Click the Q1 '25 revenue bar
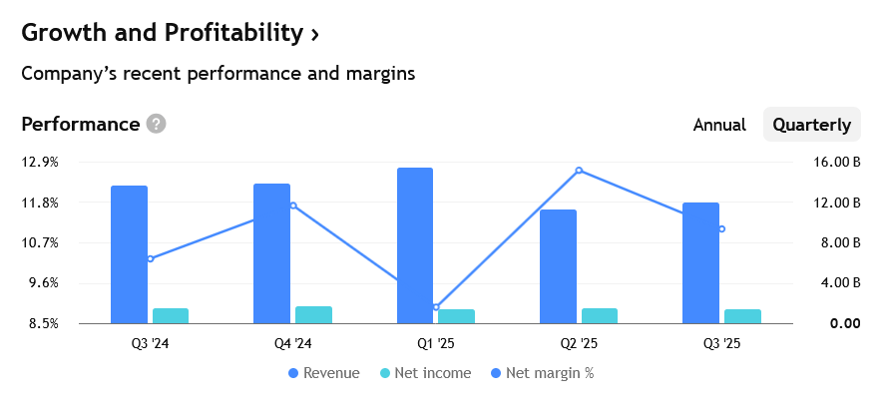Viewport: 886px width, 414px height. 415,245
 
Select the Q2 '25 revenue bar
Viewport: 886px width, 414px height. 558,266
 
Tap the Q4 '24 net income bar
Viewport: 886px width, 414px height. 313,315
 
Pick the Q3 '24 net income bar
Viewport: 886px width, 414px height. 171,316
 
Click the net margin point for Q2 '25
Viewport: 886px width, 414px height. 579,171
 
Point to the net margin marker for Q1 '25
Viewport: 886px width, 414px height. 436,307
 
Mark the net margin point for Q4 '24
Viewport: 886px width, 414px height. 293,206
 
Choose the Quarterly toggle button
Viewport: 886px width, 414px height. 811,125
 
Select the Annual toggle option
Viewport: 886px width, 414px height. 719,125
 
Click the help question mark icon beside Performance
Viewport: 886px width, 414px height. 156,125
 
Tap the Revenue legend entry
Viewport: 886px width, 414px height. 323,373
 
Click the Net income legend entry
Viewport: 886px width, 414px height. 417,373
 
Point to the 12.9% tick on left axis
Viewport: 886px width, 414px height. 40,162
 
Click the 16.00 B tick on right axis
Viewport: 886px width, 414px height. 838,162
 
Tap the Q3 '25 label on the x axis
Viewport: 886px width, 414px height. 721,344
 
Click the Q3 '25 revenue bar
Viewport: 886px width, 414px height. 700,262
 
